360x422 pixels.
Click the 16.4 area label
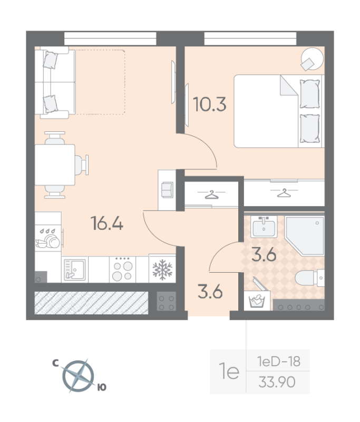tap(107, 224)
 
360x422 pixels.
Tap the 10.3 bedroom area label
tap(209, 104)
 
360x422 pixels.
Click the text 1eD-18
tap(278, 361)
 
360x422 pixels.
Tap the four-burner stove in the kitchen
tap(122, 269)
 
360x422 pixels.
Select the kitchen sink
tap(74, 269)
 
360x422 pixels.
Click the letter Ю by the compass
tap(102, 388)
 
